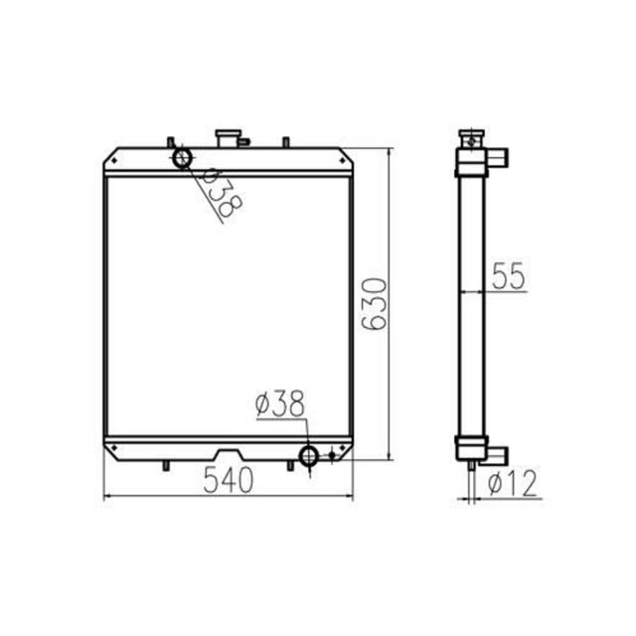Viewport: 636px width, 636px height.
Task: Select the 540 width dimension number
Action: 229,480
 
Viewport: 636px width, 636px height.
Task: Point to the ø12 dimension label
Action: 514,484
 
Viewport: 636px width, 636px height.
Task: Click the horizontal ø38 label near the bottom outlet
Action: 279,403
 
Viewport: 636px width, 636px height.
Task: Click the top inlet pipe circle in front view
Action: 182,157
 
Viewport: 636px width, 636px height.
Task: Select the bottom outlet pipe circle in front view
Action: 309,456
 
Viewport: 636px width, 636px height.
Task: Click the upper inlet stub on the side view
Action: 496,155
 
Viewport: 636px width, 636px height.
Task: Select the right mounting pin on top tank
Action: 286,141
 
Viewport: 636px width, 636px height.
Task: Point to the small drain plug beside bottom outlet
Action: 333,456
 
